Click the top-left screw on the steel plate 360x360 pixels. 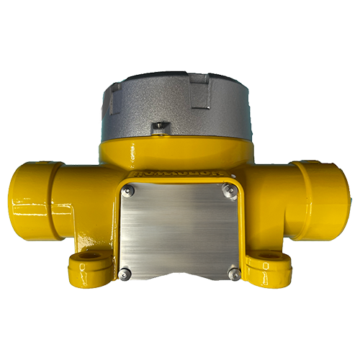tap(129, 191)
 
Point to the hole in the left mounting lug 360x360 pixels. tap(89, 256)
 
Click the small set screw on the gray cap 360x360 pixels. tap(160, 128)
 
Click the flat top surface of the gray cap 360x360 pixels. tap(176, 81)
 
